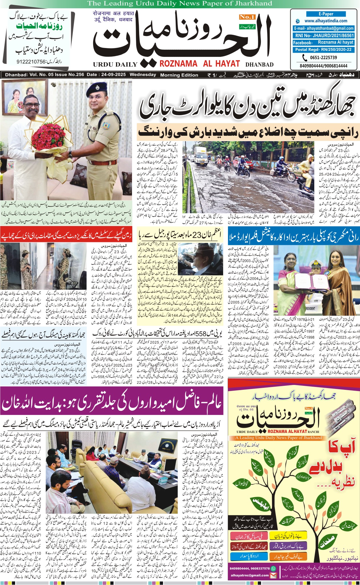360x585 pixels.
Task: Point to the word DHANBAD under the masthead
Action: [259, 65]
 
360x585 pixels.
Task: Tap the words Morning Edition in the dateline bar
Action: [179, 75]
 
